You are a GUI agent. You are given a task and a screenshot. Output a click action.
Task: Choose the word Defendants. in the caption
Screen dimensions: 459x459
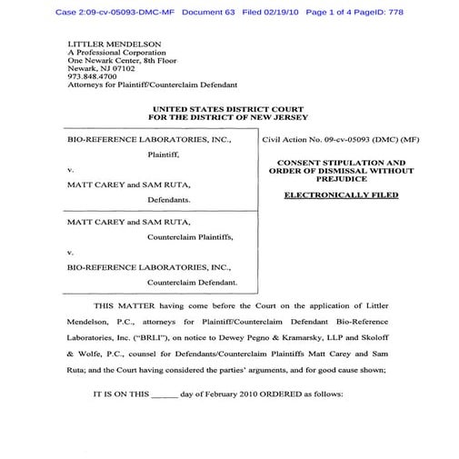point(169,198)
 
